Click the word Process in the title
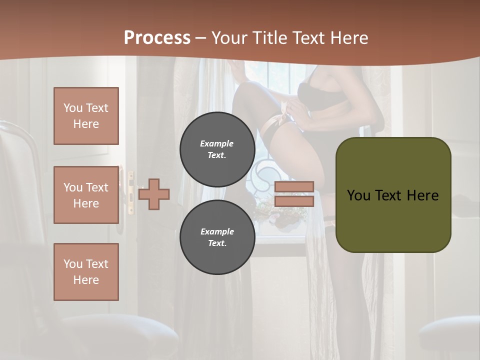[157, 38]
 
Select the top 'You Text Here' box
[86, 116]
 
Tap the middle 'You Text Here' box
[86, 195]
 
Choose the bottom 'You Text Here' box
[86, 271]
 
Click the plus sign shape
[154, 194]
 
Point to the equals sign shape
[294, 194]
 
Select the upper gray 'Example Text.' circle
[217, 149]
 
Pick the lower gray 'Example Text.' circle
[217, 237]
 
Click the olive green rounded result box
[393, 195]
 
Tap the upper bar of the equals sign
[294, 186]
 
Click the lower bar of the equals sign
[294, 201]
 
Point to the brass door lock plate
[131, 193]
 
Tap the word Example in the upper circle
[217, 143]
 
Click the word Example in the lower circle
[217, 231]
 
